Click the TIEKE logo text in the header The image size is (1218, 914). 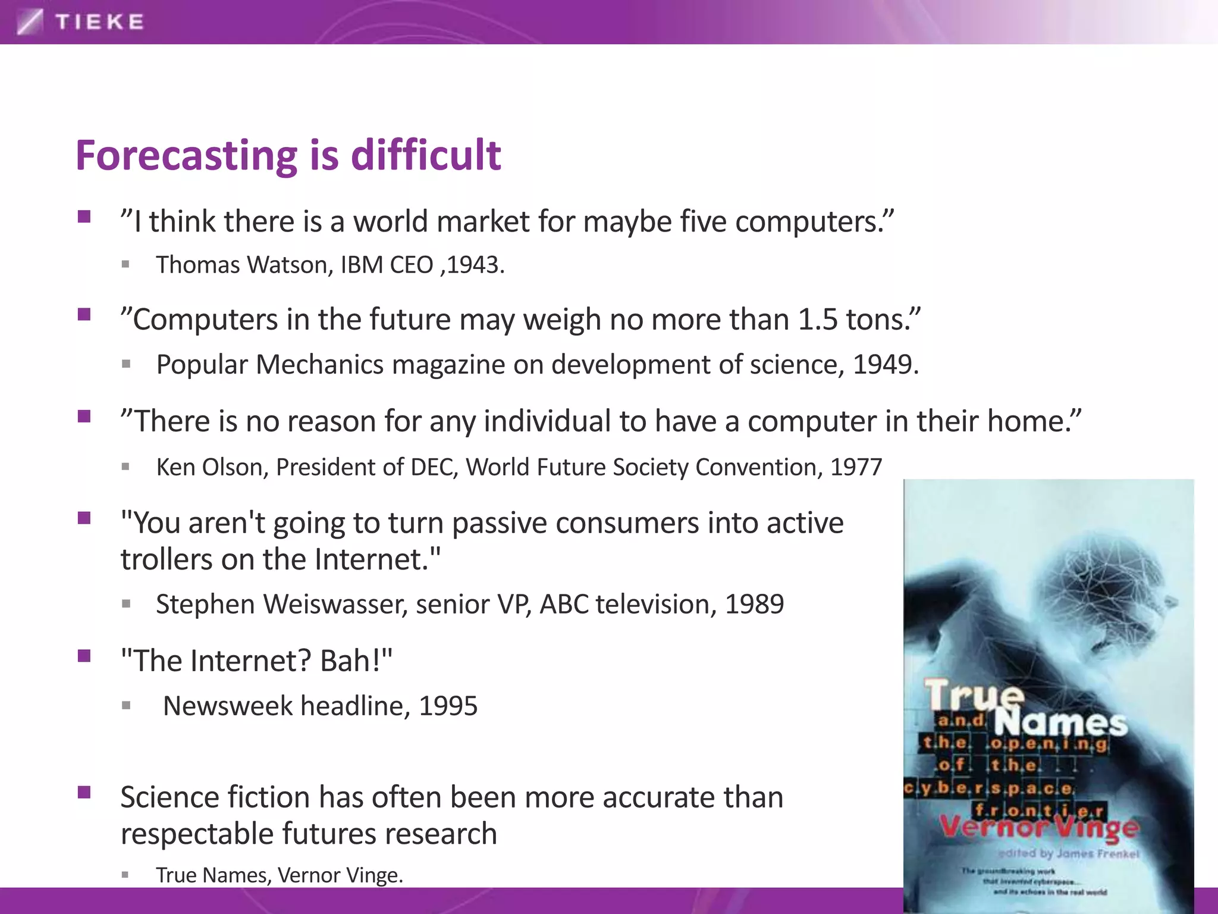coord(99,23)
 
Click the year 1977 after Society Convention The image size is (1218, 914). coord(856,467)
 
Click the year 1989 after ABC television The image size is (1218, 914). coord(754,605)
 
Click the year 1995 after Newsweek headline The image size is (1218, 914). coord(448,706)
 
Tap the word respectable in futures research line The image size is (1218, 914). coord(196,834)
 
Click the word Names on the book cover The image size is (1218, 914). coord(1060,723)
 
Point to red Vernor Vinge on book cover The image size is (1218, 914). coord(1038,827)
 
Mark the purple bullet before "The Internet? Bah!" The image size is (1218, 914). coord(84,656)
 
